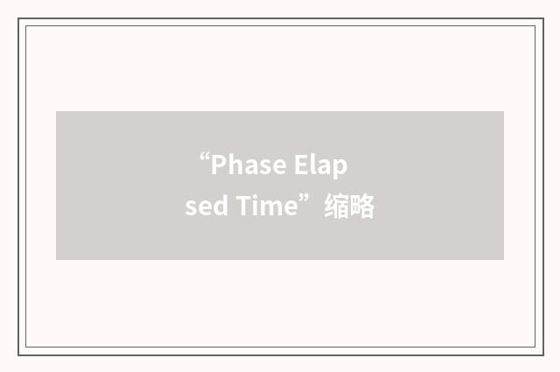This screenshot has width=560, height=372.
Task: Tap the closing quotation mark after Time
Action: click(x=305, y=202)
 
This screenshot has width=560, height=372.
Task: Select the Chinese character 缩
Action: click(x=337, y=208)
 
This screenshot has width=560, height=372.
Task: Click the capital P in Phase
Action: click(x=219, y=165)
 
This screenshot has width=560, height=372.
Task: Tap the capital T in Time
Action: click(x=242, y=208)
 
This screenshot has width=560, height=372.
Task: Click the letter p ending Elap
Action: click(x=340, y=167)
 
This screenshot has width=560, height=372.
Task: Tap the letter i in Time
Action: click(x=254, y=208)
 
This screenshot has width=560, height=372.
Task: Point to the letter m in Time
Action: click(x=269, y=210)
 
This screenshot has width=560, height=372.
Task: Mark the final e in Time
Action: click(x=289, y=210)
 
